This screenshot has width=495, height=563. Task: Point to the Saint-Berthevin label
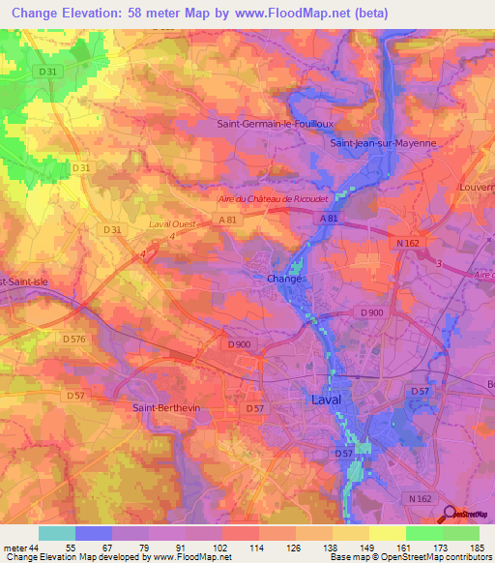click(x=167, y=407)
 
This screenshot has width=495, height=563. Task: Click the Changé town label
click(x=285, y=279)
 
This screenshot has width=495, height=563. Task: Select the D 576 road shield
click(x=74, y=339)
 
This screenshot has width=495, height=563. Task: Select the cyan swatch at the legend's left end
click(x=57, y=533)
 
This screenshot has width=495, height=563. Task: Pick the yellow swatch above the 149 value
click(x=351, y=533)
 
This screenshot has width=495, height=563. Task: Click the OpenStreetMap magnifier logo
click(x=449, y=517)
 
